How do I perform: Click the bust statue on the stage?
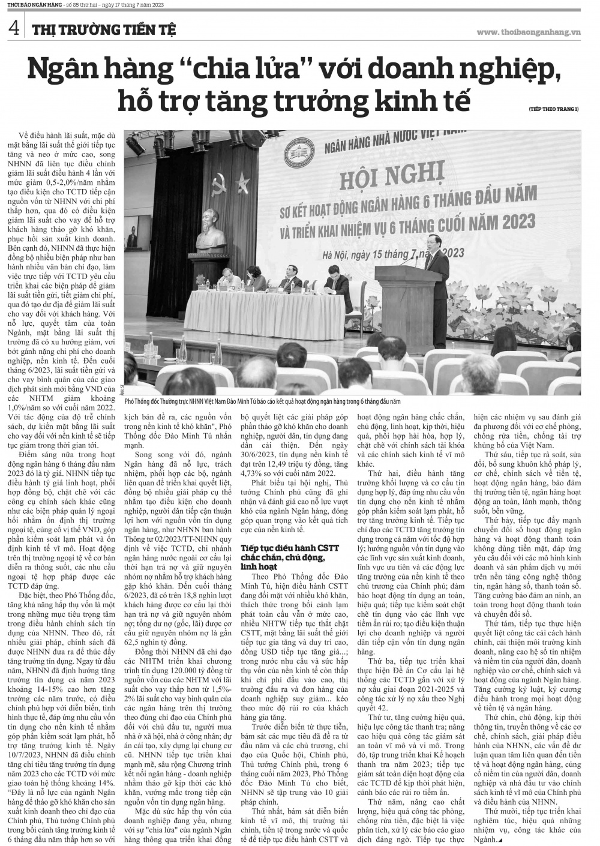184,219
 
